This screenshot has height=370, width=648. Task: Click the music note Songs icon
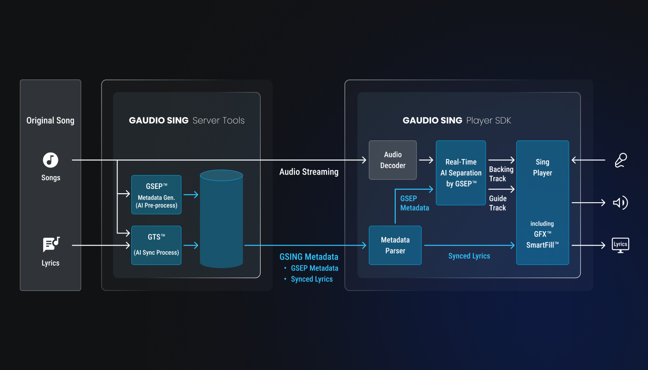(x=51, y=160)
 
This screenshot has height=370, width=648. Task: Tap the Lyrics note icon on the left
(x=51, y=245)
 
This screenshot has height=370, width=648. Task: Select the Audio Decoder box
(x=393, y=160)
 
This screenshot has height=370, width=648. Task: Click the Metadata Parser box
(x=395, y=245)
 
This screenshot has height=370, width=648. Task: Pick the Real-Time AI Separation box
(x=461, y=173)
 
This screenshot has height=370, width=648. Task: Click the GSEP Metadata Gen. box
(x=156, y=195)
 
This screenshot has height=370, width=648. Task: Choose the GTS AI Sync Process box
(x=156, y=245)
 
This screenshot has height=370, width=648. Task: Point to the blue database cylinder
(x=221, y=219)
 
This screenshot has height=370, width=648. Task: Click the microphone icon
(x=621, y=160)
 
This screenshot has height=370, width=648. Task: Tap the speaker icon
(x=620, y=203)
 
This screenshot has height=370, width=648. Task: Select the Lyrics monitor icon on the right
(x=620, y=245)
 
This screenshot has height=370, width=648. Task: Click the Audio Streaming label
(x=309, y=172)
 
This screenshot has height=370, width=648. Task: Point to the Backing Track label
(x=501, y=174)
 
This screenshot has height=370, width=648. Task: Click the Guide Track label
(x=498, y=203)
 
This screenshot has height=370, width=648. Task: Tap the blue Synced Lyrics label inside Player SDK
(x=469, y=256)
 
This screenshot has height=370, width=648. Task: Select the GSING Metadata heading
(x=309, y=257)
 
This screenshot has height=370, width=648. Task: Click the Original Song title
(x=50, y=121)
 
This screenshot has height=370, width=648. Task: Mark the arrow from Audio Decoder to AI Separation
(x=426, y=160)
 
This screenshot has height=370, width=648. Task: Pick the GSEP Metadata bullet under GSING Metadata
(x=314, y=268)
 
